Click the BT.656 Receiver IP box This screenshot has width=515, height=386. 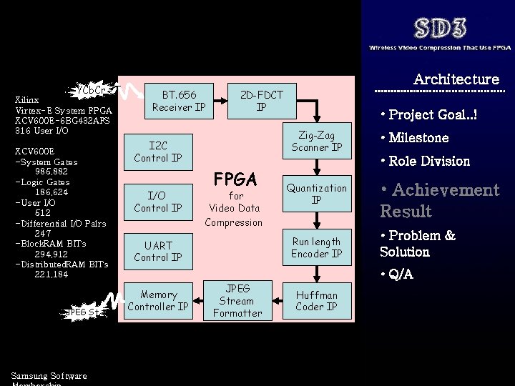coord(179,101)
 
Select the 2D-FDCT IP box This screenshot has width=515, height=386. coord(261,101)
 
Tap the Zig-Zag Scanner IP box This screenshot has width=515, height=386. coord(317,142)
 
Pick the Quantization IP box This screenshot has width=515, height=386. coord(317,194)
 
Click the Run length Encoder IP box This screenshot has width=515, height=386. coord(317,247)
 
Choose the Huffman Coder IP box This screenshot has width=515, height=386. coord(317,300)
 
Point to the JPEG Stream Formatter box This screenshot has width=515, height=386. coord(237,300)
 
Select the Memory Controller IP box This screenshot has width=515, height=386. coord(158,300)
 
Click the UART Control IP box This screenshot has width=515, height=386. coord(158,251)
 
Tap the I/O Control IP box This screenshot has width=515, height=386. coord(158,202)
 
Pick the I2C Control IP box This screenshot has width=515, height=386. coord(158,152)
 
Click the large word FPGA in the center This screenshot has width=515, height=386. coord(236,177)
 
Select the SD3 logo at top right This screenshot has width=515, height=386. coord(441,29)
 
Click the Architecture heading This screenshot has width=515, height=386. coord(456,79)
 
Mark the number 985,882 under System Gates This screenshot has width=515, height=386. coord(51,172)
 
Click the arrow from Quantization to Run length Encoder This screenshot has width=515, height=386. coord(317,221)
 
